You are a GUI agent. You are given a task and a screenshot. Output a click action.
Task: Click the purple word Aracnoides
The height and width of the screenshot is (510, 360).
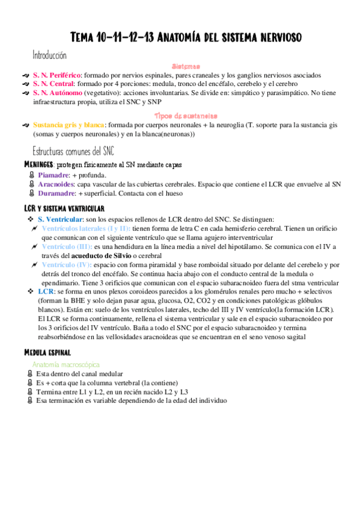pos(57,185)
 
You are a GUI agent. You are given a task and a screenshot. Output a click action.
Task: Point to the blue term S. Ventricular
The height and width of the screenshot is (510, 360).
pos(59,220)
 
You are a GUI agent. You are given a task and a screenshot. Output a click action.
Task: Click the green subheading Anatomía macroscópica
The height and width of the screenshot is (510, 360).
pos(66,364)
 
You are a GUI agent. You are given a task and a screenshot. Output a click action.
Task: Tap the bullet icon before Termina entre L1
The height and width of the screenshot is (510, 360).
pos(31,392)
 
